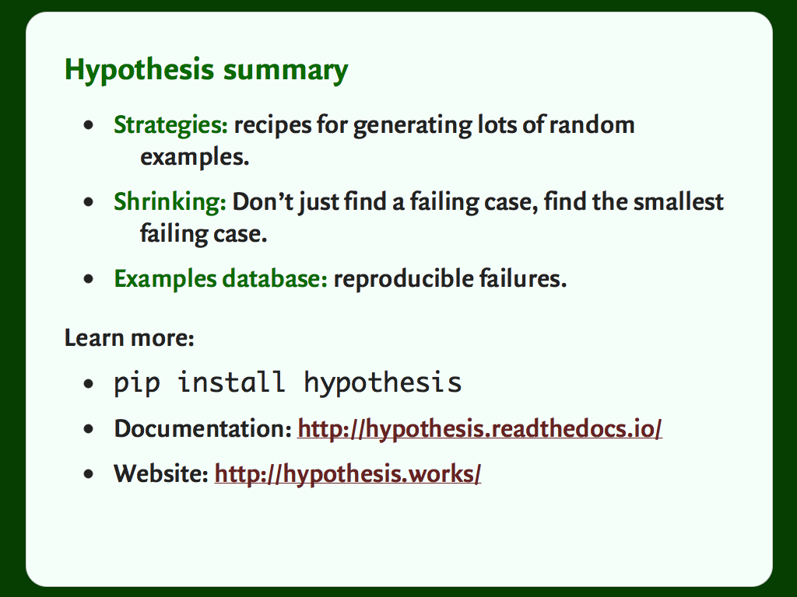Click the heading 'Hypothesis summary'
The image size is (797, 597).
206,70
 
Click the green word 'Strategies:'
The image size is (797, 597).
170,125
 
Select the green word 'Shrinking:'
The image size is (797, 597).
170,203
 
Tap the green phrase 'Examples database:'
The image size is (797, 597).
220,279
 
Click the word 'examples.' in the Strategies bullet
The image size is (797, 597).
195,157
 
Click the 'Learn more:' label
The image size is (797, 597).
129,338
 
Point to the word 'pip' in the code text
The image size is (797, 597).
137,383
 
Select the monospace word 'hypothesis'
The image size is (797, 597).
382,383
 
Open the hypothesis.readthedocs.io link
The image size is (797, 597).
479,429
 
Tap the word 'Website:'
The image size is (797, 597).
161,474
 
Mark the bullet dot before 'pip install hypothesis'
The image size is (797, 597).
89,384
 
